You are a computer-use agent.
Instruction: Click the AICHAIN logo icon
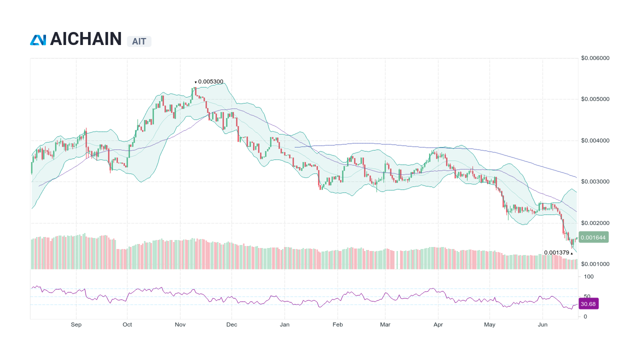point(38,40)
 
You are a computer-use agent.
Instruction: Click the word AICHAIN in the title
point(85,39)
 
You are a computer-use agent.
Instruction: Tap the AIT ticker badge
point(139,41)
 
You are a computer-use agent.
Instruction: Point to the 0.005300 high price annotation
point(210,81)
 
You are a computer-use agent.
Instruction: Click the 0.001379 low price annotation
point(557,252)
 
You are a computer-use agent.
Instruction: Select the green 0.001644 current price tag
point(593,237)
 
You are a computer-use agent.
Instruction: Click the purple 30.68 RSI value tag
point(588,303)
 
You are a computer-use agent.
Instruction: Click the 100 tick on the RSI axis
point(588,276)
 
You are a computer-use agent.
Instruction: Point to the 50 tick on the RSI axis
point(587,296)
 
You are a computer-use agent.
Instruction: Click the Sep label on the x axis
point(76,324)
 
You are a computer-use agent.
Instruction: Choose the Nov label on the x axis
point(180,324)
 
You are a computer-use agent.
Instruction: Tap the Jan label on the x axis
point(284,324)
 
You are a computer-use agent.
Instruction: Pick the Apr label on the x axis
point(438,324)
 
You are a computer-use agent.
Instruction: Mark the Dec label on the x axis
point(231,324)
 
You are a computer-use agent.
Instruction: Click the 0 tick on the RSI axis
point(585,316)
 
